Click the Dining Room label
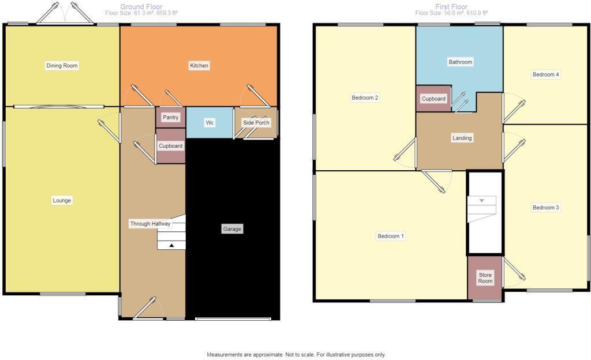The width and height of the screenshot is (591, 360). point(62,66)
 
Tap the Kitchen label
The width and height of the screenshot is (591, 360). point(199,66)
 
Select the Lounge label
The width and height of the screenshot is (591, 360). point(62,201)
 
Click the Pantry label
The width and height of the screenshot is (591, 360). point(171,118)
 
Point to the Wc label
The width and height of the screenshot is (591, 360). point(211,123)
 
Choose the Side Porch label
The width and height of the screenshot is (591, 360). point(256,123)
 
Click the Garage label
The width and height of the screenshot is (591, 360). point(233,229)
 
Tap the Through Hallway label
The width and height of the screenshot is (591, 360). point(150,224)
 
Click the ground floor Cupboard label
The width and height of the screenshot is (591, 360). point(171,146)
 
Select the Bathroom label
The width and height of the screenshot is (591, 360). point(461,62)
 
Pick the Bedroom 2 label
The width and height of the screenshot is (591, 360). point(365,98)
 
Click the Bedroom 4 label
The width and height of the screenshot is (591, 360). point(545,75)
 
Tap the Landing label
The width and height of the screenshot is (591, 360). point(462,138)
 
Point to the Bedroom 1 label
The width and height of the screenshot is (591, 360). point(391,236)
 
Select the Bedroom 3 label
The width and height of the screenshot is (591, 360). point(545,208)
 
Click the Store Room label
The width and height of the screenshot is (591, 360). point(485,278)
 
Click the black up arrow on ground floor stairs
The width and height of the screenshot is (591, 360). point(171,245)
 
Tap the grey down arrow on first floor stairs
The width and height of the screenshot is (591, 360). point(482,200)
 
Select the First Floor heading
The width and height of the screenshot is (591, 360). point(451,7)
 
